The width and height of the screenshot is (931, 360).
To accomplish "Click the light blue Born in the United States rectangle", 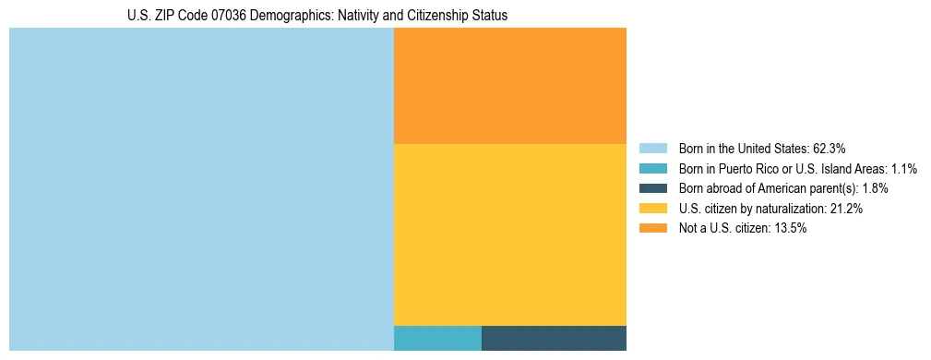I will pyautogui.click(x=201, y=189).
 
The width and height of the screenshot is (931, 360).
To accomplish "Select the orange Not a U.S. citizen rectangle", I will pyautogui.click(x=510, y=86).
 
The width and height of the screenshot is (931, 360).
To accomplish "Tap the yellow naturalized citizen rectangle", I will pyautogui.click(x=510, y=234).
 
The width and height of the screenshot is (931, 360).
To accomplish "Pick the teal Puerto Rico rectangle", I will pyautogui.click(x=437, y=338).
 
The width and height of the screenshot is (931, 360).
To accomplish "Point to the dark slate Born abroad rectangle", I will pyautogui.click(x=554, y=338).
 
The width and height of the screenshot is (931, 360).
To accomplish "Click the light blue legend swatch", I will pyautogui.click(x=652, y=149).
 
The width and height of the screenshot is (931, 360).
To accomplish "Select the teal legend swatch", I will pyautogui.click(x=652, y=169).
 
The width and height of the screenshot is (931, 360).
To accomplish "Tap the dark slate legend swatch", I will pyautogui.click(x=652, y=188).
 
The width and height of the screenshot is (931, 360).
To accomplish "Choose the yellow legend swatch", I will pyautogui.click(x=652, y=209).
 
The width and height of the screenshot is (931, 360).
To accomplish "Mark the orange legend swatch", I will pyautogui.click(x=652, y=229).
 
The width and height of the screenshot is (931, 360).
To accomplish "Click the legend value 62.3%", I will pyautogui.click(x=829, y=149).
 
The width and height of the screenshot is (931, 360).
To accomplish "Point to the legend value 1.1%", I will pyautogui.click(x=903, y=169).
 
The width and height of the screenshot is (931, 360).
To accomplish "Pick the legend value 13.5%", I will pyautogui.click(x=790, y=229).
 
